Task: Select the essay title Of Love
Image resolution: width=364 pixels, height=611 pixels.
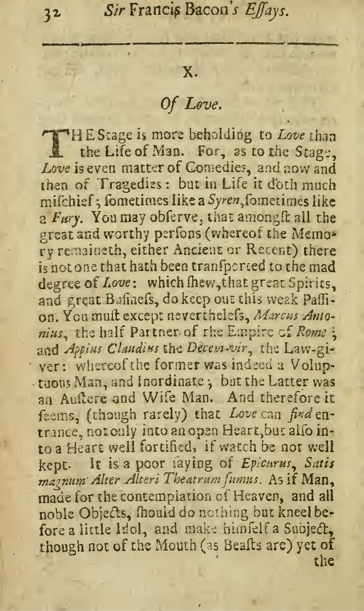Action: (x=184, y=105)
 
